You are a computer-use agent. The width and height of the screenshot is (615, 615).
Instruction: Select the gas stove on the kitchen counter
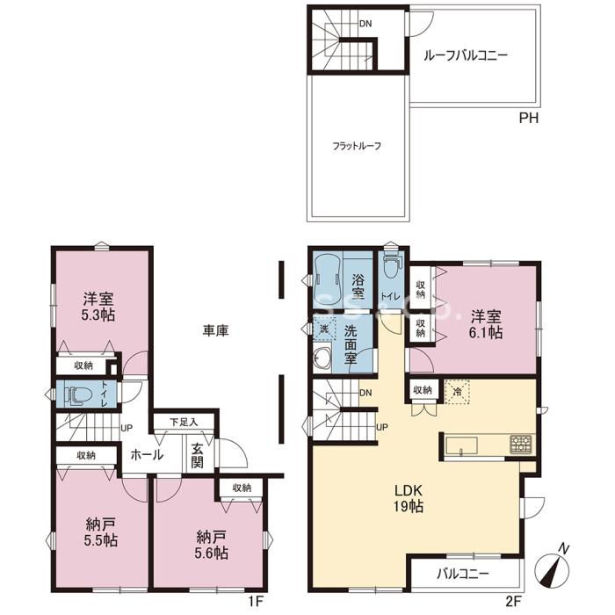(521, 445)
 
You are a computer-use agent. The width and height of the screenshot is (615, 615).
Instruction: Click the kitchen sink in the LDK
(461, 446)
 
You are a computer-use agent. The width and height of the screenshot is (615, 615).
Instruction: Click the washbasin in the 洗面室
(322, 357)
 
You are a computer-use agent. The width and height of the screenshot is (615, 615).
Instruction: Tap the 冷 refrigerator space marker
(457, 391)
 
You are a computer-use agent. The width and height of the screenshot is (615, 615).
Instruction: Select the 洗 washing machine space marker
(324, 329)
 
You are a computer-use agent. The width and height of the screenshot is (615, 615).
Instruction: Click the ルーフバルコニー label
(465, 54)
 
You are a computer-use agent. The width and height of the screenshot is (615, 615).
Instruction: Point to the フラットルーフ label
(357, 147)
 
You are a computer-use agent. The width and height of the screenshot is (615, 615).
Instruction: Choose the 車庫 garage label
(215, 331)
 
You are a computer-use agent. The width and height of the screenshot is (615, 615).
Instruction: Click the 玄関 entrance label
(198, 456)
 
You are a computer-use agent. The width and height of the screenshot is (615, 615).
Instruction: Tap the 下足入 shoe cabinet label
(184, 422)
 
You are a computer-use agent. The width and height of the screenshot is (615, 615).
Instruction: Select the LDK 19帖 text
(409, 498)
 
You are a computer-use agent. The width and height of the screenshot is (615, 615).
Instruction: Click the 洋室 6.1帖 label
(486, 324)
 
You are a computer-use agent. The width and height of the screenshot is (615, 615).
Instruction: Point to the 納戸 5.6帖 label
(212, 545)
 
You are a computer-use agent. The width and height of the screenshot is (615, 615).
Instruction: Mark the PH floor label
(529, 118)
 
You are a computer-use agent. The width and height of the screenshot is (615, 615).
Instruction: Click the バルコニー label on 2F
(463, 575)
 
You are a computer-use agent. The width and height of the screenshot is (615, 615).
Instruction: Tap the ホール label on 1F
(147, 455)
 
